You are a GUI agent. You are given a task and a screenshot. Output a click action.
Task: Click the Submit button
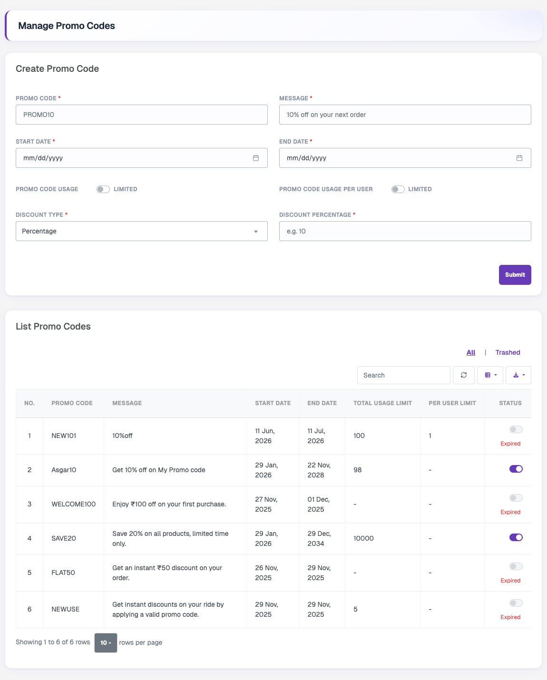(515, 274)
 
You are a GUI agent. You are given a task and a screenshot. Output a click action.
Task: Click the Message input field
(405, 115)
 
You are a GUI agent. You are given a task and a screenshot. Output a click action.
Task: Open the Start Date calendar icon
(256, 158)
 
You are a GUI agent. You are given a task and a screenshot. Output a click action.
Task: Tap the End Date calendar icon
(519, 158)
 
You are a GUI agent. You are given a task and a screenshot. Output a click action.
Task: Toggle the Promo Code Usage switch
(103, 189)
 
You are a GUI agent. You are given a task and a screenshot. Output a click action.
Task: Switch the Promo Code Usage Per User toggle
(398, 189)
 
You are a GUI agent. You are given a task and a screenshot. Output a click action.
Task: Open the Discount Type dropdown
(142, 231)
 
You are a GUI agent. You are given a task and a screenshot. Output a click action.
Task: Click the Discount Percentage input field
(405, 231)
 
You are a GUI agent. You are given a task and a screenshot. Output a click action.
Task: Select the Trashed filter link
(508, 352)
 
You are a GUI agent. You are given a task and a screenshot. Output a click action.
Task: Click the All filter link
(471, 352)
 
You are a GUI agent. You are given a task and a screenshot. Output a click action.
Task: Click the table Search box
(403, 375)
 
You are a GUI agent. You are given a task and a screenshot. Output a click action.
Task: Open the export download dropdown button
(518, 375)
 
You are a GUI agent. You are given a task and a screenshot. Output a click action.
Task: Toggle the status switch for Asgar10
(516, 469)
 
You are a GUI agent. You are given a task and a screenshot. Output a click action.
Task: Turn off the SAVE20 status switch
(516, 537)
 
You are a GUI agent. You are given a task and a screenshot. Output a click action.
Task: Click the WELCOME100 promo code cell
(73, 504)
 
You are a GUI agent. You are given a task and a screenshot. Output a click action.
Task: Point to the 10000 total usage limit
(363, 538)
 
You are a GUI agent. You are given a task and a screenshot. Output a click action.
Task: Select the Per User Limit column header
(452, 403)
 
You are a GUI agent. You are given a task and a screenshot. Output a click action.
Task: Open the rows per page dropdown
(106, 643)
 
